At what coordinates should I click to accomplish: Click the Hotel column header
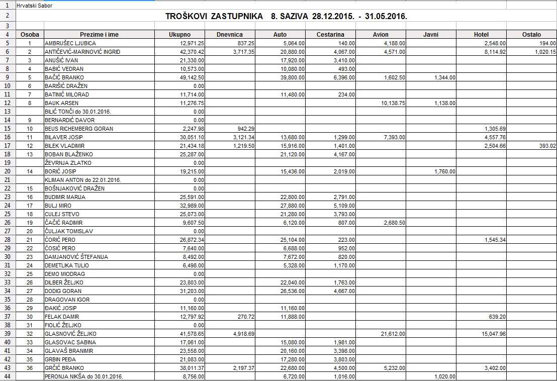click(481, 35)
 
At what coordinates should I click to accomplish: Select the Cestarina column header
click(330, 35)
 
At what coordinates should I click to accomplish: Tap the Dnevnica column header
click(230, 35)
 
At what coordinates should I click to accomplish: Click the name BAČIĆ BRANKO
click(64, 77)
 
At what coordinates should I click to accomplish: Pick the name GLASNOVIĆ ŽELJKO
click(70, 334)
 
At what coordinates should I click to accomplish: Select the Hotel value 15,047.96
click(493, 334)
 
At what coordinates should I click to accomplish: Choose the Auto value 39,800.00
click(292, 77)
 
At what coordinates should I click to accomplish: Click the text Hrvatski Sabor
click(34, 6)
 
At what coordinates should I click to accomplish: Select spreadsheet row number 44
click(8, 376)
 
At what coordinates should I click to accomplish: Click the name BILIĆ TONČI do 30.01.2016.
click(77, 112)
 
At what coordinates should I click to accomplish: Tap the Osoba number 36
click(30, 368)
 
